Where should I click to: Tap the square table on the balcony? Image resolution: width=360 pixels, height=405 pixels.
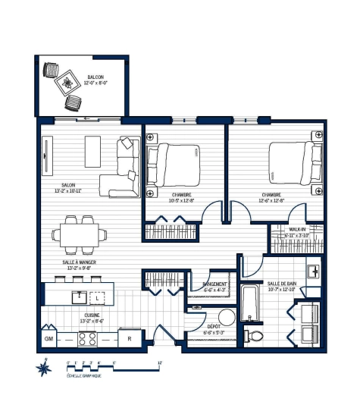click(x=67, y=83)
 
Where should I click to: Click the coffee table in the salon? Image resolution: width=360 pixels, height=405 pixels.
click(x=92, y=151)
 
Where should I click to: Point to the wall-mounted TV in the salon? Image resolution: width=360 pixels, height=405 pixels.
click(x=46, y=157)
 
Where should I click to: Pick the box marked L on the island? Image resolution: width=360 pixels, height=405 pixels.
click(x=97, y=297)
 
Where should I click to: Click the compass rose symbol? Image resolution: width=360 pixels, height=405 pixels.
click(x=45, y=369)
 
